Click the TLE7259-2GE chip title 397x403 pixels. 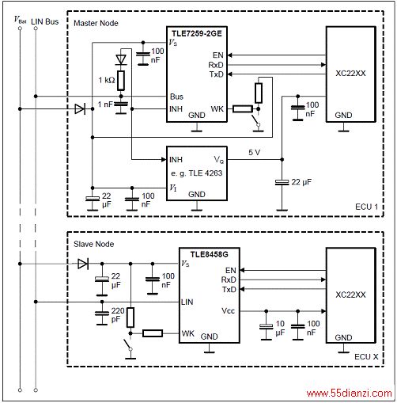(x=197, y=33)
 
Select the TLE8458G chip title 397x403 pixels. (x=210, y=254)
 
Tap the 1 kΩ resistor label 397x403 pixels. (x=107, y=80)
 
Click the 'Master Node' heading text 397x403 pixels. (x=96, y=23)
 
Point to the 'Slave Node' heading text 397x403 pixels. (x=94, y=244)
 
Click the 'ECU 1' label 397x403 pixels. (x=367, y=207)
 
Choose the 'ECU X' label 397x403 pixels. (x=366, y=357)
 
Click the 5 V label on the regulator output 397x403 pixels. (x=255, y=152)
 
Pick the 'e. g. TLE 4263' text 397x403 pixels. (x=197, y=173)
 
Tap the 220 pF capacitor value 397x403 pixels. (x=117, y=315)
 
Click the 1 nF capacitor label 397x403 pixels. (x=105, y=105)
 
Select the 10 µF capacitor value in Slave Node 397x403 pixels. (x=280, y=328)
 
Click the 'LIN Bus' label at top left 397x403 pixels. (x=45, y=21)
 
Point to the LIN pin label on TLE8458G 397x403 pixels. (x=187, y=302)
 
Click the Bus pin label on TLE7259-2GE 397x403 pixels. (x=176, y=97)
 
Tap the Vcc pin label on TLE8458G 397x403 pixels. (x=229, y=311)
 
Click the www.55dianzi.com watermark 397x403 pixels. (x=350, y=393)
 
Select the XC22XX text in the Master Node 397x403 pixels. (x=350, y=73)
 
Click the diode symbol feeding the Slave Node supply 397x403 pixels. (x=83, y=264)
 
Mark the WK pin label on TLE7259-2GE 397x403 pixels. (x=217, y=108)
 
